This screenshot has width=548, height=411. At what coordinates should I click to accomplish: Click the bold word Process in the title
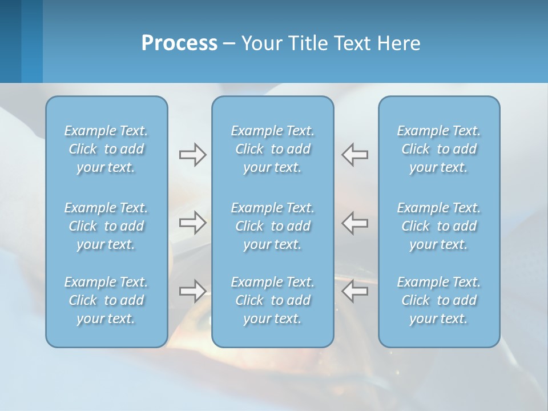pyautogui.click(x=179, y=43)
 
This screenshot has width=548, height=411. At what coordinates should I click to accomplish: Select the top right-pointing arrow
pyautogui.click(x=192, y=155)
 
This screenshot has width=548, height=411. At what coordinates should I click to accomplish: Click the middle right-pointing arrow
pyautogui.click(x=192, y=222)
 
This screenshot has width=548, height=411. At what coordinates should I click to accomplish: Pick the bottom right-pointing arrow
pyautogui.click(x=192, y=291)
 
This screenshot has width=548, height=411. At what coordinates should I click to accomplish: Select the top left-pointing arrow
pyautogui.click(x=355, y=155)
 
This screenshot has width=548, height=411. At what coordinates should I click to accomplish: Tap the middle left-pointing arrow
pyautogui.click(x=355, y=222)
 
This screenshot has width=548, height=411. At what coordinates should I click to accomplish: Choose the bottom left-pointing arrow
pyautogui.click(x=355, y=291)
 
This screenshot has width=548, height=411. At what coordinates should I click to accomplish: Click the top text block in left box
pyautogui.click(x=106, y=149)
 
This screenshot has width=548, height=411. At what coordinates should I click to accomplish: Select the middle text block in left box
pyautogui.click(x=106, y=226)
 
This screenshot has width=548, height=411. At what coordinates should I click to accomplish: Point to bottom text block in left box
pyautogui.click(x=106, y=300)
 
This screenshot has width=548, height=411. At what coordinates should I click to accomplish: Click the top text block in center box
pyautogui.click(x=273, y=149)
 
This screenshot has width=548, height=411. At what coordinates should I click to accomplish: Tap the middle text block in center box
pyautogui.click(x=273, y=226)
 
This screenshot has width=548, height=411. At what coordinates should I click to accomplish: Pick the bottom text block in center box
pyautogui.click(x=273, y=300)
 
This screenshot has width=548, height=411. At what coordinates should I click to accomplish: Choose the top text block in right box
pyautogui.click(x=439, y=149)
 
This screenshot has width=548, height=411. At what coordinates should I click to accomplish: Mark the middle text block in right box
pyautogui.click(x=439, y=226)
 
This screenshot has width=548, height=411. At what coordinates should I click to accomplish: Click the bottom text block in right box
pyautogui.click(x=439, y=300)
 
